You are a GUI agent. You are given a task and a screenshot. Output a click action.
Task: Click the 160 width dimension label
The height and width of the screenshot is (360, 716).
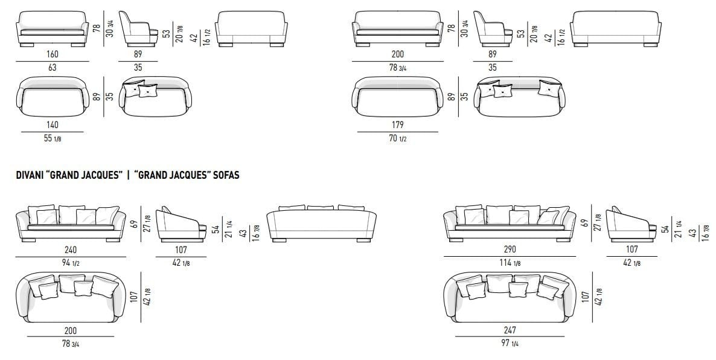(53, 54)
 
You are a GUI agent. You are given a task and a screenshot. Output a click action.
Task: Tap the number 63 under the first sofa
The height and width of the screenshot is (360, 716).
(53, 68)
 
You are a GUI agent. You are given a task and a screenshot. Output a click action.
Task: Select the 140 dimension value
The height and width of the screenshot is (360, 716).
(53, 124)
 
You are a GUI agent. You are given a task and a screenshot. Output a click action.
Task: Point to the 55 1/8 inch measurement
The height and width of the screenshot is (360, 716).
(53, 138)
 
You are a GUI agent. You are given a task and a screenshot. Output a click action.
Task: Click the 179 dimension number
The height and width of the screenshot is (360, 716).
(397, 124)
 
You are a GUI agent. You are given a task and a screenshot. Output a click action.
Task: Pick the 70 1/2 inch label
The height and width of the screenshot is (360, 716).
(397, 138)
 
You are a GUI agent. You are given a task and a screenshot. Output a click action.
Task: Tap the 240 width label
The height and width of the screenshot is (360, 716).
(70, 249)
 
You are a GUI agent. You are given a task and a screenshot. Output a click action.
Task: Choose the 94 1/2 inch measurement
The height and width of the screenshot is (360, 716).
(70, 263)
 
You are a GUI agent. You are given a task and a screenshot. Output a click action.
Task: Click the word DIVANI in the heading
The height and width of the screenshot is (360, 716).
(32, 175)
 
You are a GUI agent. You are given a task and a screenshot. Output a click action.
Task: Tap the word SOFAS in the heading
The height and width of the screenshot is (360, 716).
(226, 175)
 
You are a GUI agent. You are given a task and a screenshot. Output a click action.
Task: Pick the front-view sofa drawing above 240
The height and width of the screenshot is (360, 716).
(70, 224)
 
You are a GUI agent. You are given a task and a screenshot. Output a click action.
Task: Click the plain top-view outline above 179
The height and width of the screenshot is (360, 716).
(397, 95)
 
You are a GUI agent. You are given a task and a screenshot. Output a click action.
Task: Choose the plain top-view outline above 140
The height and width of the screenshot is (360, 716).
(53, 95)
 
